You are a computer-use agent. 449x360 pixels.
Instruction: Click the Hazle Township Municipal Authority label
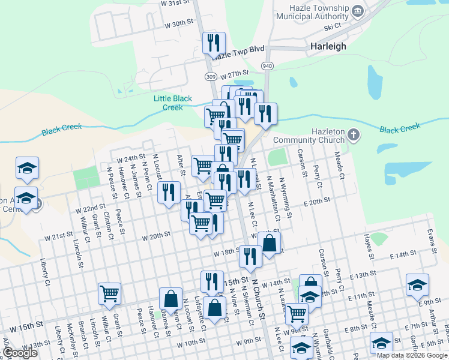[312, 13]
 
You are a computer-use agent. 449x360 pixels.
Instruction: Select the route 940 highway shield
[267, 65]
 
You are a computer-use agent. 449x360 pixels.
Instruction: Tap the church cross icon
[354, 134]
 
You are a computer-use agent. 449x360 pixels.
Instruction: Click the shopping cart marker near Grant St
[110, 293]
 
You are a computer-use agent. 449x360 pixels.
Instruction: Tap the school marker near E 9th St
[417, 284]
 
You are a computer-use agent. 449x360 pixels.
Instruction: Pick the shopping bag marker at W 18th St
[269, 243]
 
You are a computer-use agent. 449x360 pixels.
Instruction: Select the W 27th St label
[234, 76]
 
